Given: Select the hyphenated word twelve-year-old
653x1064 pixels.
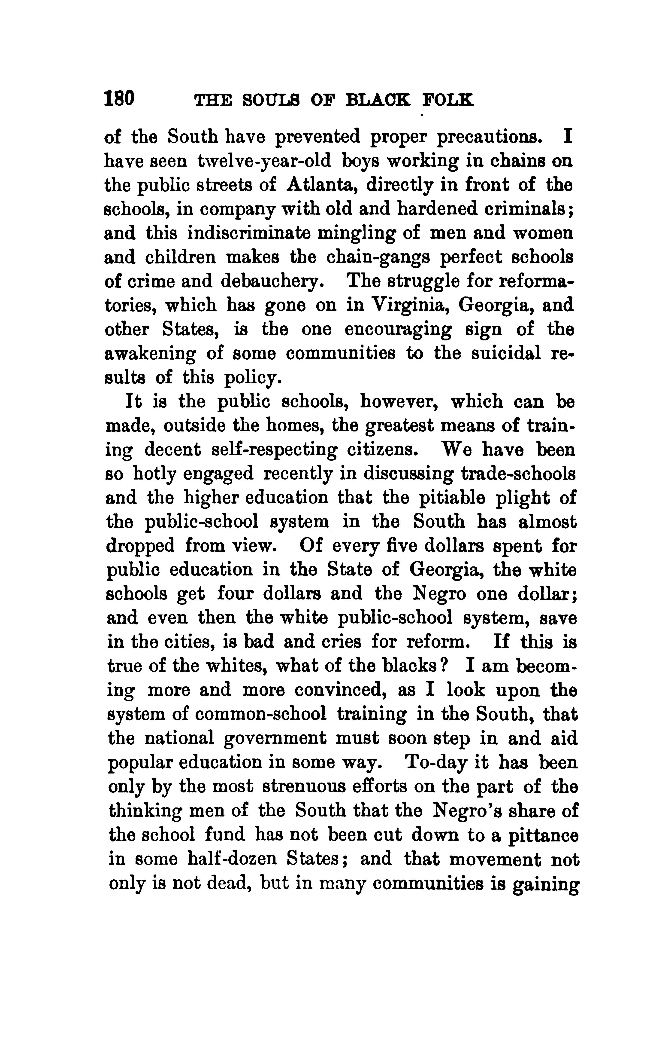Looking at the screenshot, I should (264, 161).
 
